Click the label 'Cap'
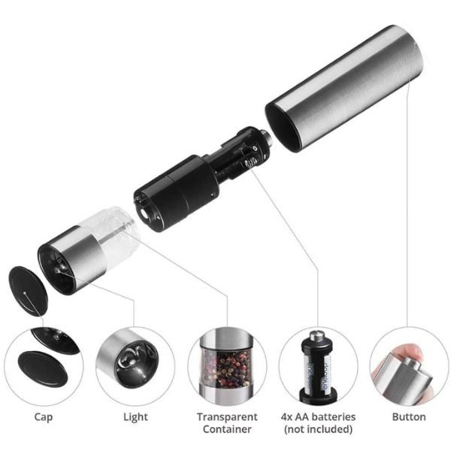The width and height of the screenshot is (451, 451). point(44,417)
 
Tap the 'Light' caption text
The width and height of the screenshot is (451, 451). point(135,417)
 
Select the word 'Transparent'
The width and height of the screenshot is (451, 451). point(227,416)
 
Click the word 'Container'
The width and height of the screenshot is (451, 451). point(227,429)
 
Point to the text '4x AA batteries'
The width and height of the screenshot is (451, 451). point(319,416)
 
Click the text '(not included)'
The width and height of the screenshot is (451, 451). point(319,429)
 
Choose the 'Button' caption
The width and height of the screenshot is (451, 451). point(409,416)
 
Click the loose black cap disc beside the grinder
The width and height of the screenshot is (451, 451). point(29,291)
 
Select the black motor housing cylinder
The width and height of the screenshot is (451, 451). point(175,192)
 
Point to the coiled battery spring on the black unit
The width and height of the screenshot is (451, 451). point(251,162)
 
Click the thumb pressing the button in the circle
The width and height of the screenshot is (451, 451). point(407,353)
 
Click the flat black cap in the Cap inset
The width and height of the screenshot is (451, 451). point(43,368)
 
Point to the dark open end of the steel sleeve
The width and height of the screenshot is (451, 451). point(283,126)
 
